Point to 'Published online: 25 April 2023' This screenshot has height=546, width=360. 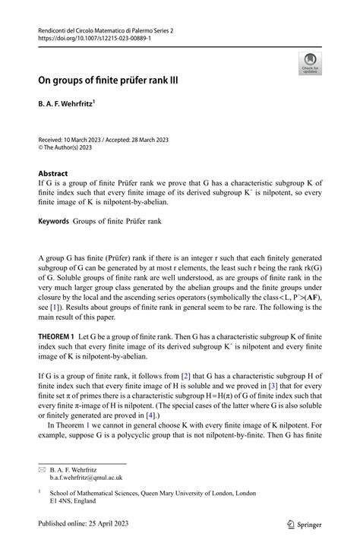click(x=85, y=523)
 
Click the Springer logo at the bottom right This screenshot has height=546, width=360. click(x=304, y=523)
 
